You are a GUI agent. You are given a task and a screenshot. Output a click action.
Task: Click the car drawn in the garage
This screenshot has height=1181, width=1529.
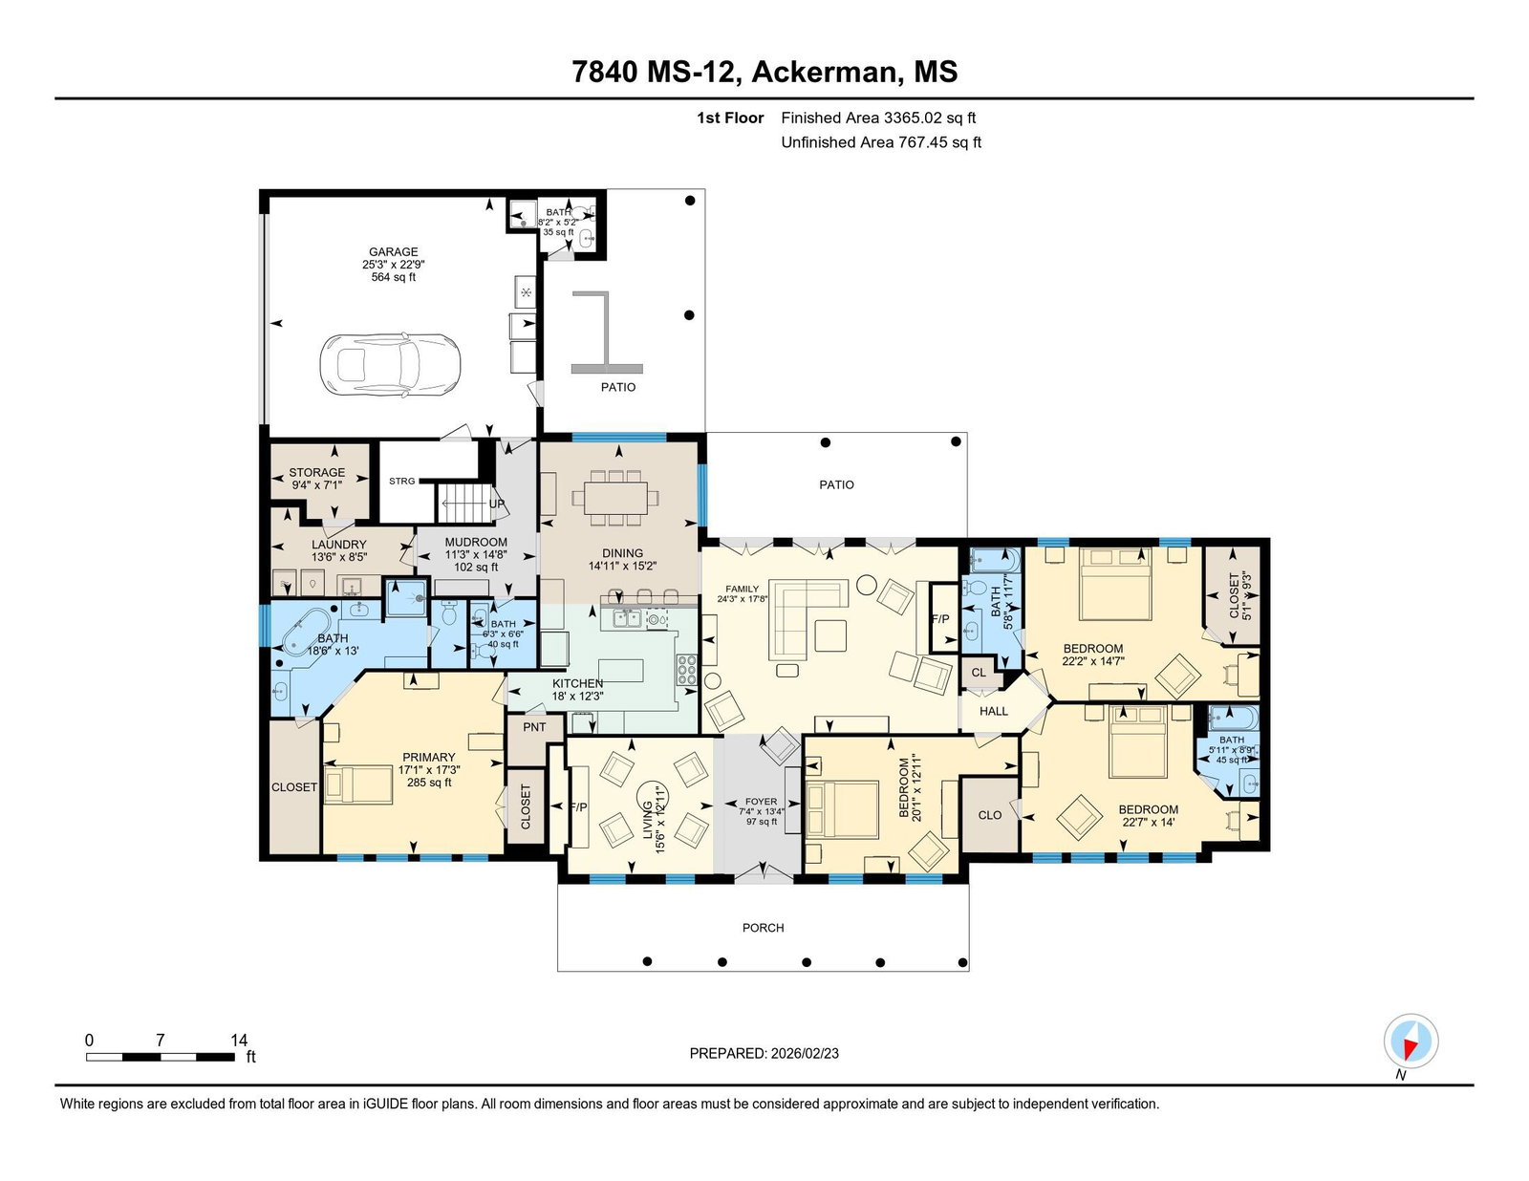click(391, 364)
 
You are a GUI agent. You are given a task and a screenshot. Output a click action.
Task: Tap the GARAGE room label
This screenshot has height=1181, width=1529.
click(394, 252)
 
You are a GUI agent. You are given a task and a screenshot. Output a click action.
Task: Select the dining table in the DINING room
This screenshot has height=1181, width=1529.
click(615, 498)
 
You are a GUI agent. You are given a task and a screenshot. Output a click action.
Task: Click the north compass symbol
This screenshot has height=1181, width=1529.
click(1411, 1041)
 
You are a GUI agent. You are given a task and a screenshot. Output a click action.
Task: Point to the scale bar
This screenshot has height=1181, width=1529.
click(161, 1057)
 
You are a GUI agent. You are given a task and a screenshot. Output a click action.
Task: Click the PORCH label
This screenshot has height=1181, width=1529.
click(763, 928)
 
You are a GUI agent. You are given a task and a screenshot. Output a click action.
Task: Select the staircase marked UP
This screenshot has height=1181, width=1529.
click(465, 504)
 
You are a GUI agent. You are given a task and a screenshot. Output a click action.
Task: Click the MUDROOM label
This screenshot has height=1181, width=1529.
click(476, 543)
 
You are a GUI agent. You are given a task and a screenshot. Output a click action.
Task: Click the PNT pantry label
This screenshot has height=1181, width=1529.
click(535, 727)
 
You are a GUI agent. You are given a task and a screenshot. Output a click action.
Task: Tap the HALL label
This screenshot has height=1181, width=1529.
click(994, 711)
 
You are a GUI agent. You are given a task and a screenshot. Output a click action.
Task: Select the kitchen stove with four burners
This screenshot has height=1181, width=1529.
click(687, 670)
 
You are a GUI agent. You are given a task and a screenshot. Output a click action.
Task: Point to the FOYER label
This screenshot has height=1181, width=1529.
click(762, 801)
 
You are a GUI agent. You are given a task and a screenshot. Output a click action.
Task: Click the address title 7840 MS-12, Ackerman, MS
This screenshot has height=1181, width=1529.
click(764, 72)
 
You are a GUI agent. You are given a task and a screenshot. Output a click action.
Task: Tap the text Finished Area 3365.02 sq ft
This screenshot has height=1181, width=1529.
click(878, 118)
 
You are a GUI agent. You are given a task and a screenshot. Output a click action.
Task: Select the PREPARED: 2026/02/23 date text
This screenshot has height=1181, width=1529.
click(764, 1054)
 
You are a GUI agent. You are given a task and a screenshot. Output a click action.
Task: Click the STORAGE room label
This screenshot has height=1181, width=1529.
click(316, 473)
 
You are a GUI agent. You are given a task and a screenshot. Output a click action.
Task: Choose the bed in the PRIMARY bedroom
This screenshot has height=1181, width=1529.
click(358, 784)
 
